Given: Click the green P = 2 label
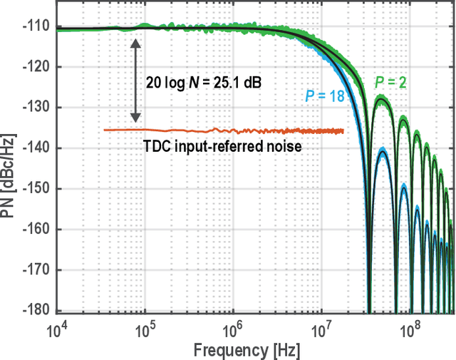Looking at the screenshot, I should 392,83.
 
